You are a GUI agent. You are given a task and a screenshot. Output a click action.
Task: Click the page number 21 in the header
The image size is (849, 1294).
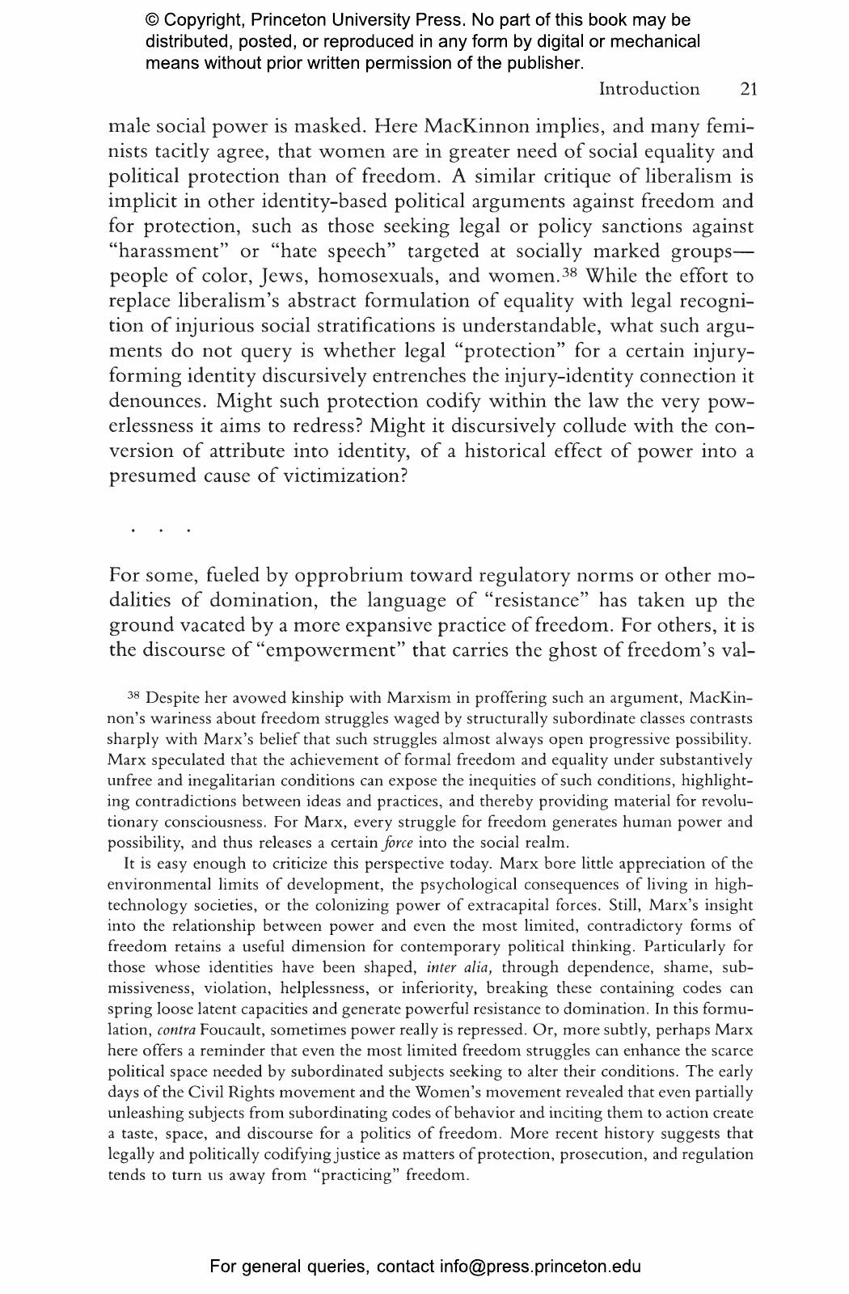click(x=748, y=89)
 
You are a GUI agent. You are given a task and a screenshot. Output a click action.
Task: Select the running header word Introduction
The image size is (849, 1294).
click(x=648, y=89)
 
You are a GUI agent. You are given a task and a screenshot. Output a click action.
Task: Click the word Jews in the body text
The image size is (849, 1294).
click(x=282, y=276)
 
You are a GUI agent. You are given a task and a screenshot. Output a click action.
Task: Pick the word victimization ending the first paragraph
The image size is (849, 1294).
click(x=340, y=476)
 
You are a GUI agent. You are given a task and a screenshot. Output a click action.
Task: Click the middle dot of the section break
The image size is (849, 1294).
click(x=161, y=531)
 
